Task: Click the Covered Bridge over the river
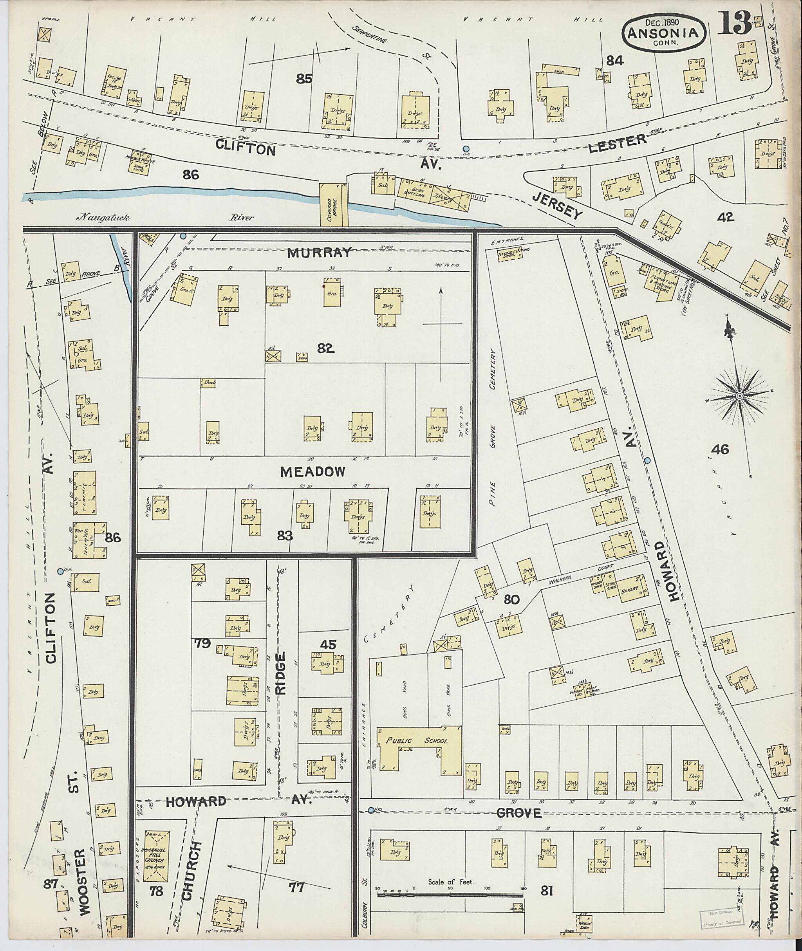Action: pos(333,204)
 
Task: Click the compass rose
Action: pos(739,396)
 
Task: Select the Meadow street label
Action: pos(312,472)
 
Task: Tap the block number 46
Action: pos(720,450)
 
